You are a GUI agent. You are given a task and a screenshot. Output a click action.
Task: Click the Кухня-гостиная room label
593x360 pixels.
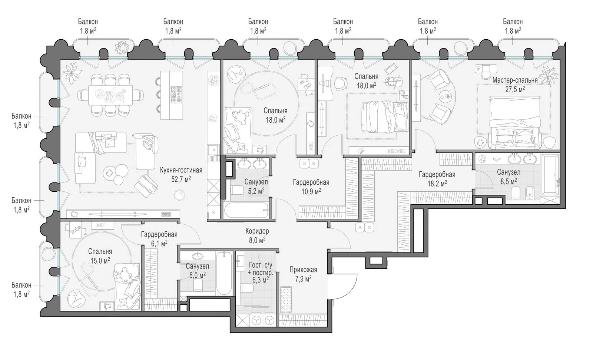pos(181,170)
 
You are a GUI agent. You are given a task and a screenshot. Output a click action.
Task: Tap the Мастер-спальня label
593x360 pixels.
pos(515,80)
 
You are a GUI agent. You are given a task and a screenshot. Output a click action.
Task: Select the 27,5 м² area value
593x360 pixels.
pos(515,89)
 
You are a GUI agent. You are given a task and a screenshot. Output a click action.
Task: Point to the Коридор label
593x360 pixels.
pos(257,231)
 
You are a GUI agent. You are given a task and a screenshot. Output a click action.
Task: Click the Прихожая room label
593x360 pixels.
pos(303,270)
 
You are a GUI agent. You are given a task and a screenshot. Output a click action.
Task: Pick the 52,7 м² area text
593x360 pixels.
pos(181,179)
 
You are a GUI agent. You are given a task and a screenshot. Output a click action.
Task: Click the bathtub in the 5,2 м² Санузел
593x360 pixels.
pos(246,210)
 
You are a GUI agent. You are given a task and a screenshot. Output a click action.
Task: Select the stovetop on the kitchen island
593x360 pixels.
pos(176,95)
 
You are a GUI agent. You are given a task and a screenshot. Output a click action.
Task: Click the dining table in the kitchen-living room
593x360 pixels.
pos(110,95)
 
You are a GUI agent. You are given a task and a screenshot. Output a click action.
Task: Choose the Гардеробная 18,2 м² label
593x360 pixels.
pos(437,179)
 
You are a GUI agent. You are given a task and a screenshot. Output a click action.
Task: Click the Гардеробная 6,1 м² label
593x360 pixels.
pos(159,238)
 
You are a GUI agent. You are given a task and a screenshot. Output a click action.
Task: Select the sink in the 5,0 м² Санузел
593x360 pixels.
pos(197,256)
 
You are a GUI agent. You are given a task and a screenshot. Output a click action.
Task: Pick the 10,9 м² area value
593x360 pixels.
pos(311,191)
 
